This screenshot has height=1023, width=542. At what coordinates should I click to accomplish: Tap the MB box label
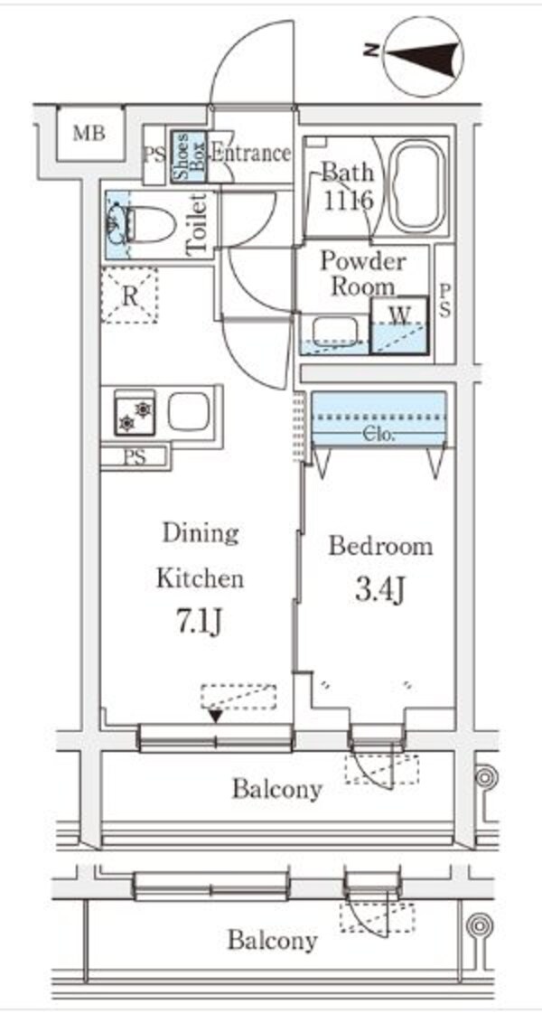pos(89,135)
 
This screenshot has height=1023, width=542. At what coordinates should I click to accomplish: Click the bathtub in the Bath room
pos(416,189)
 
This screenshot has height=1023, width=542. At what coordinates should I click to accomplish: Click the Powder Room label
pos(364,274)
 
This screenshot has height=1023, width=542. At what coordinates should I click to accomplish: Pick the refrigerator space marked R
pos(129,295)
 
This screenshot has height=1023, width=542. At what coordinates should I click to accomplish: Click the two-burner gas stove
pos(135,415)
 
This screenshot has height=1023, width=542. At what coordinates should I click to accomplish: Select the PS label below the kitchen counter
pos(135,457)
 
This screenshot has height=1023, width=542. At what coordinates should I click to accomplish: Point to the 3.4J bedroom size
pos(379,591)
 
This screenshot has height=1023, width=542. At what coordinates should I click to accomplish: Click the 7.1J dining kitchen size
pos(200,623)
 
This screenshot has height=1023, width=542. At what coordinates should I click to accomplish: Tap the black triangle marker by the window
pos(215,716)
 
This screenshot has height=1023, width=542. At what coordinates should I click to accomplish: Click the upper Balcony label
pos(276,789)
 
